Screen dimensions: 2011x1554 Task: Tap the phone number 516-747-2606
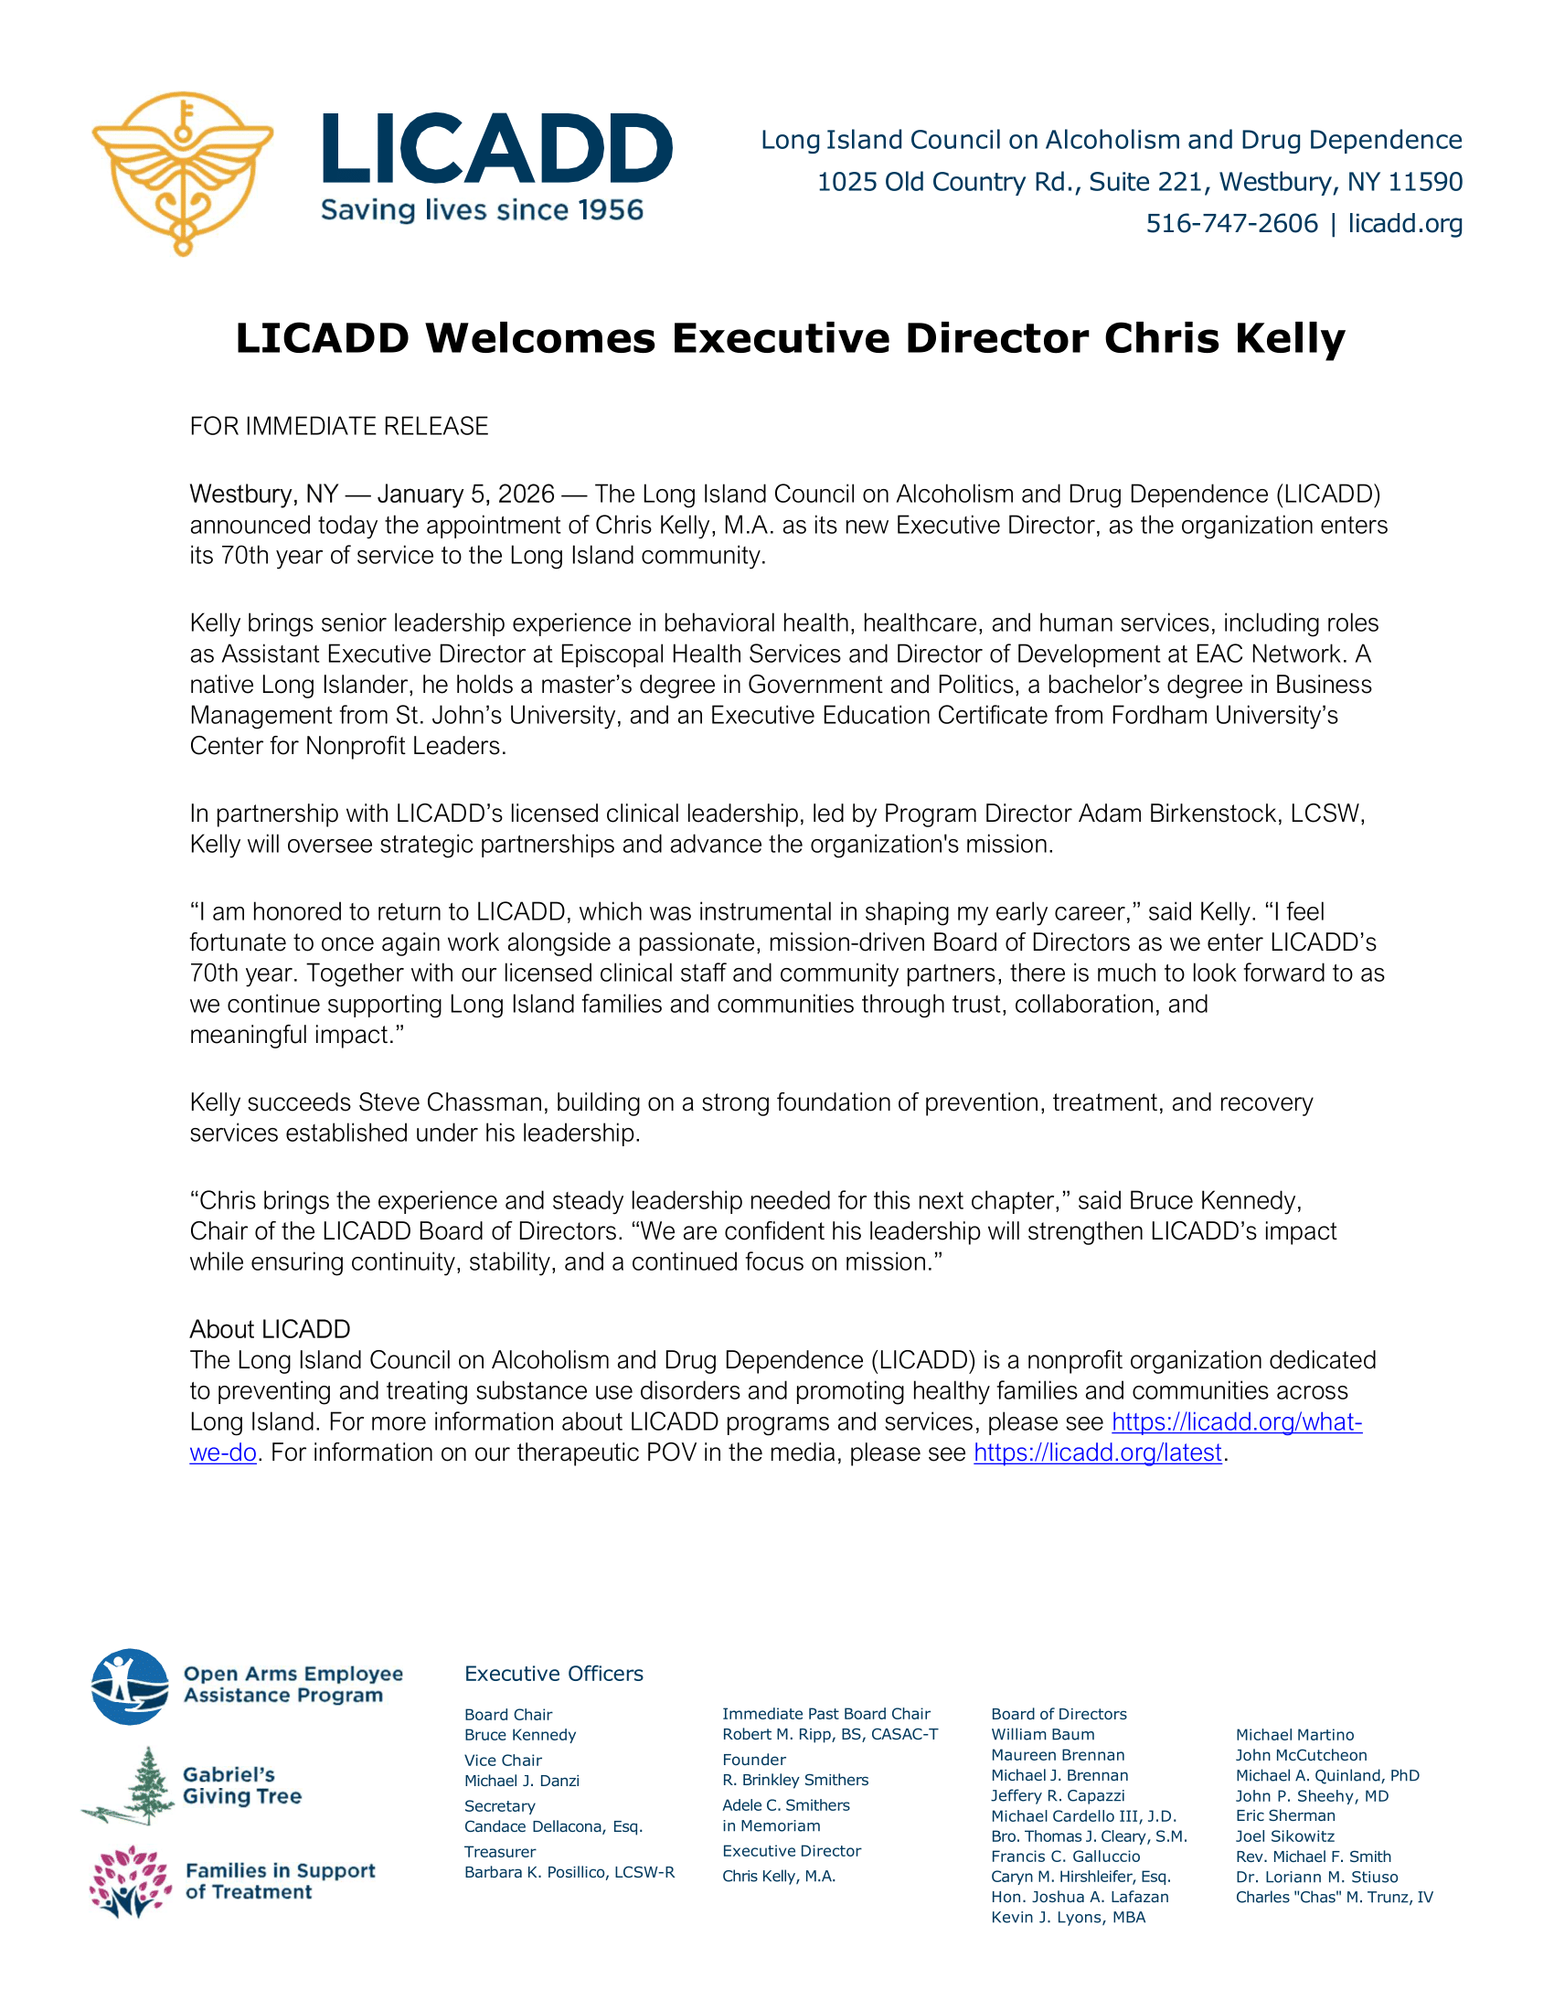1231,224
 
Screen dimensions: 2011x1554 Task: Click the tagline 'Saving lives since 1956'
482,211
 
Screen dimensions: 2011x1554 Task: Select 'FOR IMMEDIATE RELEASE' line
339,426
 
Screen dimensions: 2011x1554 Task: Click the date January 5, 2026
466,495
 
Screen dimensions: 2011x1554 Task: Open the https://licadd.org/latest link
1097,1452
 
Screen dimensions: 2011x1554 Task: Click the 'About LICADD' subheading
270,1330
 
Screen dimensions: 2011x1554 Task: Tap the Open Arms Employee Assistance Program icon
130,1686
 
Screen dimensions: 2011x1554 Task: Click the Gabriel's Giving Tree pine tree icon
139,1785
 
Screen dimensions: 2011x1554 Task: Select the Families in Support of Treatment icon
130,1881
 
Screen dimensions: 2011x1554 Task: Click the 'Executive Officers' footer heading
553,1674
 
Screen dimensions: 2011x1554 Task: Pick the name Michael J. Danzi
521,1781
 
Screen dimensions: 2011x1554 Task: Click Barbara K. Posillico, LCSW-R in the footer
569,1872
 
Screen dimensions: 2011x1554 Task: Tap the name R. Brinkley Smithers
794,1780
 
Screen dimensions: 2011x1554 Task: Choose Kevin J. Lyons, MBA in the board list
1068,1917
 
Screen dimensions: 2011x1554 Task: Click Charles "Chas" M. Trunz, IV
1334,1897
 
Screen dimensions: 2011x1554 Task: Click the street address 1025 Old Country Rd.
947,182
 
